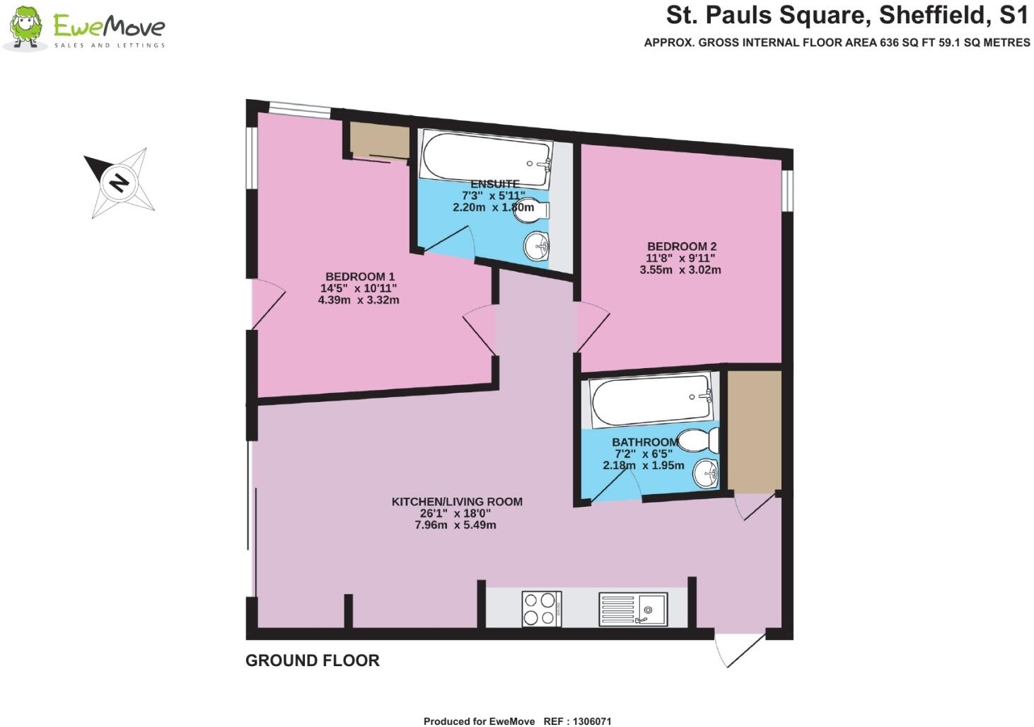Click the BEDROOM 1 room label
pyautogui.click(x=360, y=277)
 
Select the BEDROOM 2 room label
pyautogui.click(x=681, y=246)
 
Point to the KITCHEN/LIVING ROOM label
pyautogui.click(x=457, y=502)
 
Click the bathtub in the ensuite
pyautogui.click(x=485, y=154)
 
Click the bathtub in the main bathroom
pyautogui.click(x=651, y=400)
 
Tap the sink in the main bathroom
pyautogui.click(x=705, y=473)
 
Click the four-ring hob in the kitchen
pyautogui.click(x=541, y=609)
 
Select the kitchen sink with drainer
pyautogui.click(x=632, y=609)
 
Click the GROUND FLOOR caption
pyautogui.click(x=313, y=660)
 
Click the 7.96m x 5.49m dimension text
pyautogui.click(x=455, y=525)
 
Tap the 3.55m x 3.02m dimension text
pyautogui.click(x=680, y=270)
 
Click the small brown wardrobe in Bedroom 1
pyautogui.click(x=380, y=141)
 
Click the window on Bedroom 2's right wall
pyautogui.click(x=786, y=190)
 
